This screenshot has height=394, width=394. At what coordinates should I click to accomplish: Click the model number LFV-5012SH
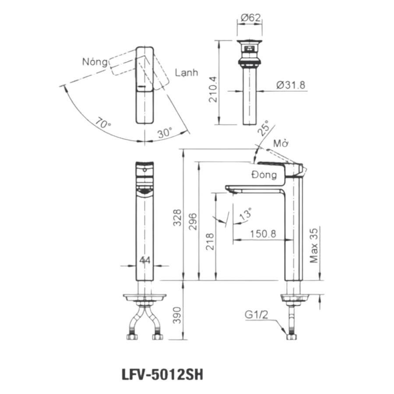point(162,375)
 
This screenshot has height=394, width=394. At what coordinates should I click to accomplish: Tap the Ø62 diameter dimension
point(251,18)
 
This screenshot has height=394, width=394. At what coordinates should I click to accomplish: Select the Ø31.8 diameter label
point(291,85)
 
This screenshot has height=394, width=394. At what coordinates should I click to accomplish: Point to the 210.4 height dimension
point(213,89)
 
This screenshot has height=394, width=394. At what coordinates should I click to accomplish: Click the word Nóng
point(95,62)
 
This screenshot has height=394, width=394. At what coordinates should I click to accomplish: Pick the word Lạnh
point(186,73)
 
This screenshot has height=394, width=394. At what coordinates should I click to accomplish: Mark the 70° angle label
point(103,123)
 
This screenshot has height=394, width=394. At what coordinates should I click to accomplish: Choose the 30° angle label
point(165,132)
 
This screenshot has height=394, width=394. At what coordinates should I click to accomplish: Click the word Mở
point(281,144)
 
